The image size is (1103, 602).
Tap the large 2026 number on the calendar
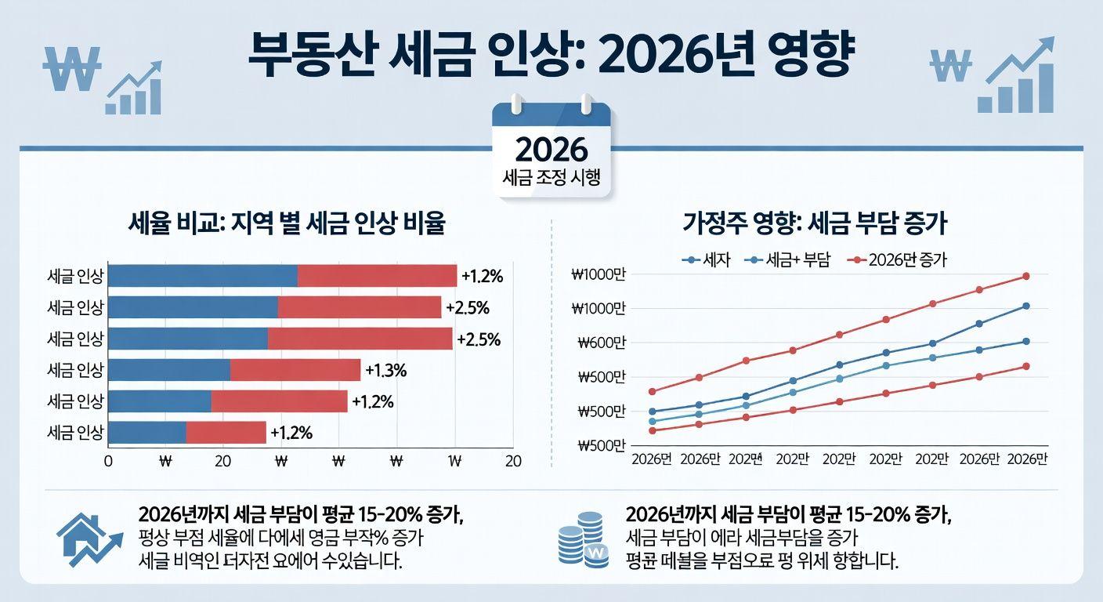point(551,149)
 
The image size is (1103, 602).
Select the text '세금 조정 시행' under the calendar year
point(551,177)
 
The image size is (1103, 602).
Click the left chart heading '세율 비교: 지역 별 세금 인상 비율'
point(287,225)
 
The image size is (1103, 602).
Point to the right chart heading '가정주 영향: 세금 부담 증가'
point(815,225)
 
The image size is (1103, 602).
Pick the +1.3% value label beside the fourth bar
point(386,370)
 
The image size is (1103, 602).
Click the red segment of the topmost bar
point(377,276)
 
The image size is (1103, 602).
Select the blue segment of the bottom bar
point(147,433)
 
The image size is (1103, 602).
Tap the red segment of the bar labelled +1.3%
point(295,370)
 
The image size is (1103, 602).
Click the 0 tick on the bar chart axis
point(109,462)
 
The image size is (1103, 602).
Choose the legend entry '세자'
point(708,260)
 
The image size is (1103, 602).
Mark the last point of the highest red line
point(1025,276)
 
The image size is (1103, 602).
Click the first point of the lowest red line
point(653,430)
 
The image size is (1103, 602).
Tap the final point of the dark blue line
point(1025,306)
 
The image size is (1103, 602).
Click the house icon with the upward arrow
point(89,540)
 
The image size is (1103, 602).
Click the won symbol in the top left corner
point(72,70)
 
